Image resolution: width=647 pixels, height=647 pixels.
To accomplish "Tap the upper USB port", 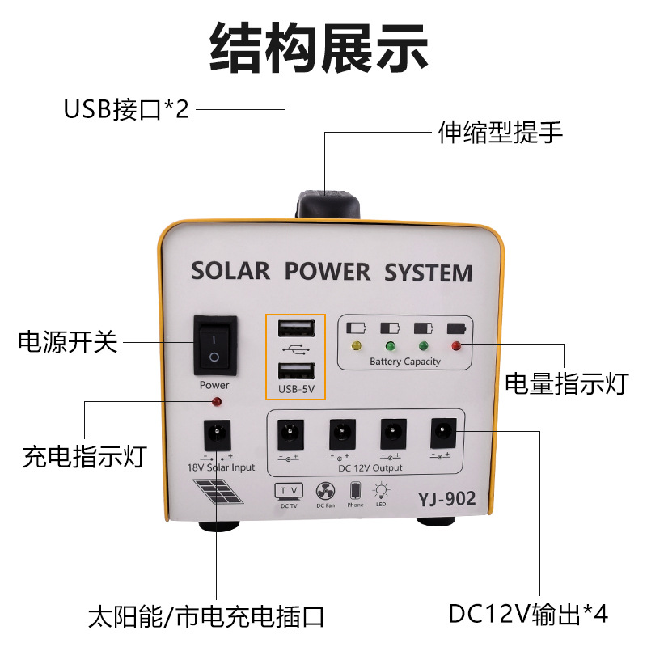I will (x=295, y=328).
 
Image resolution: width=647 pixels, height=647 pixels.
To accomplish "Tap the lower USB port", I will (x=295, y=371).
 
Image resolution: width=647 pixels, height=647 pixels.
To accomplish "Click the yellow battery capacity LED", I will (x=355, y=346).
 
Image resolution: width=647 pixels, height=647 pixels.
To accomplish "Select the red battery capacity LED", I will (x=456, y=346).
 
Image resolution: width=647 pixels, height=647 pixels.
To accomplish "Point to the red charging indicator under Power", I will (x=215, y=402).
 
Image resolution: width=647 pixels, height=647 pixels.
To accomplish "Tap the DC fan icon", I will (x=325, y=490).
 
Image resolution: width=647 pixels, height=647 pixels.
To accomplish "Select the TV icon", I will (x=288, y=491).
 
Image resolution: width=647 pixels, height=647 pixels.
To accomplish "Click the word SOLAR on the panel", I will (x=230, y=271).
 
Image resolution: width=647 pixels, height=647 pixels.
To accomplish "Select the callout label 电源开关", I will (x=68, y=342).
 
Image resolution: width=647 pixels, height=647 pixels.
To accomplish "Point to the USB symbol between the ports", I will (x=295, y=350).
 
